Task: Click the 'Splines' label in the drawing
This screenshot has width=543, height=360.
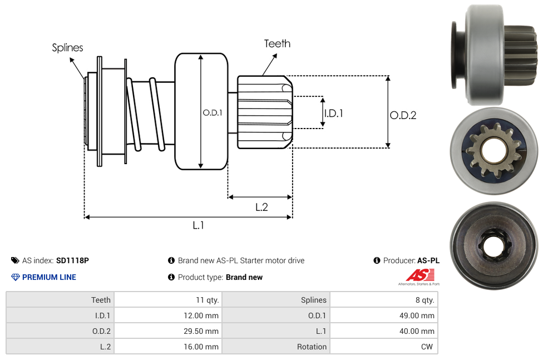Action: click(67, 48)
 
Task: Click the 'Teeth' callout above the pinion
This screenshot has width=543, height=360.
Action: click(277, 43)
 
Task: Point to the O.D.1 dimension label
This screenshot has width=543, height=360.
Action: click(213, 112)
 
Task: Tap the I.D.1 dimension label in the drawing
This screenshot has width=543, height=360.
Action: click(333, 113)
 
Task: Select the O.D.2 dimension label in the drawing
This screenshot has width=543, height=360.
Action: click(403, 115)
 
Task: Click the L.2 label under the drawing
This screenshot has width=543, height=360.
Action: click(261, 207)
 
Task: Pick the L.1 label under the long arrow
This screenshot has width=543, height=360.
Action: click(199, 225)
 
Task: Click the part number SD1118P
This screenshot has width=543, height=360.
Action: click(72, 260)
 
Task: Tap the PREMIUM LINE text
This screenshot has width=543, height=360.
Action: click(49, 277)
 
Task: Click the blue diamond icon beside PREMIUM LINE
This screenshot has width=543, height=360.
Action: click(16, 277)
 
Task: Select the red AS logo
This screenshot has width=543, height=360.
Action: click(418, 275)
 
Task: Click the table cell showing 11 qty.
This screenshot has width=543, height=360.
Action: click(207, 300)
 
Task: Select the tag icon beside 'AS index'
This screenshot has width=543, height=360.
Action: click(15, 260)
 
